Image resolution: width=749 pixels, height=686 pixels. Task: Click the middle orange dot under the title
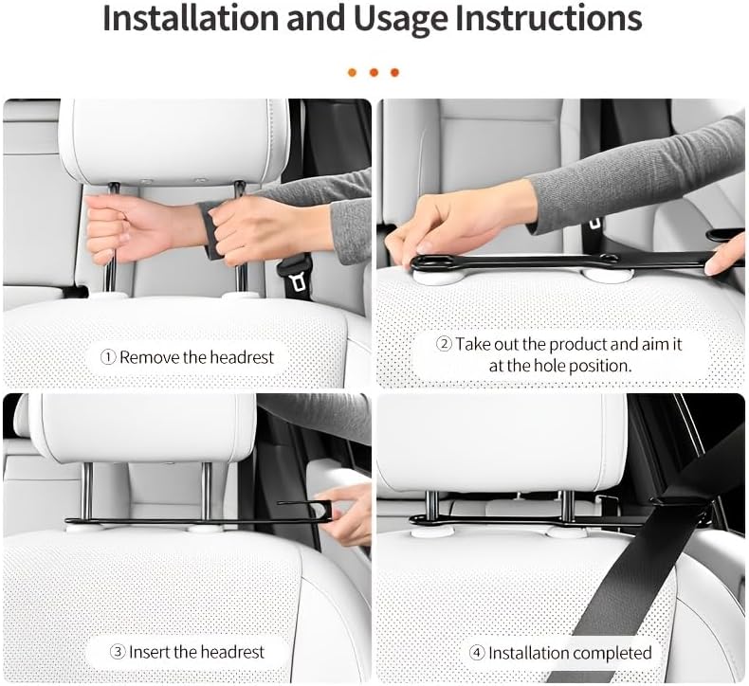tap(374, 72)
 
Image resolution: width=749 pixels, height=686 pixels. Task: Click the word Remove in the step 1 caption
tap(150, 357)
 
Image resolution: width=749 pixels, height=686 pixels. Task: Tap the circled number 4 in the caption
tap(477, 653)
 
